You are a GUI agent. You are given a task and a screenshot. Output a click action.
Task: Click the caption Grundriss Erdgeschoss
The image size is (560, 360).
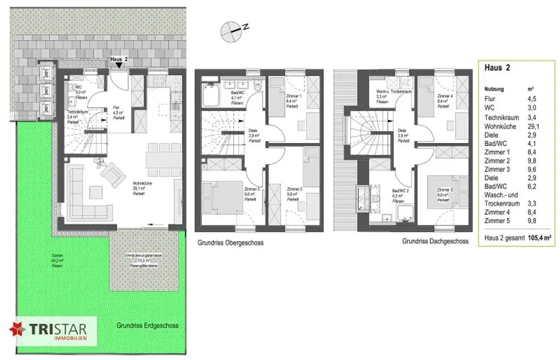pos(147,325)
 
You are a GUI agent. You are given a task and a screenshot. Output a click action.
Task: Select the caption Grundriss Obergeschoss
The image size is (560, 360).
pos(229,242)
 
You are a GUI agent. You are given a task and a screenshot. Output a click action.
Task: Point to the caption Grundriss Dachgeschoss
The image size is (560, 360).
pos(435,241)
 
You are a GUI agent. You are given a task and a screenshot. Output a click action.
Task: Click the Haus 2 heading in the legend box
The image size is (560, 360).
pos(497,68)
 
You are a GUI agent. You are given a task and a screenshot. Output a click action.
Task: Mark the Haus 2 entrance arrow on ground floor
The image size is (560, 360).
pos(119,65)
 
